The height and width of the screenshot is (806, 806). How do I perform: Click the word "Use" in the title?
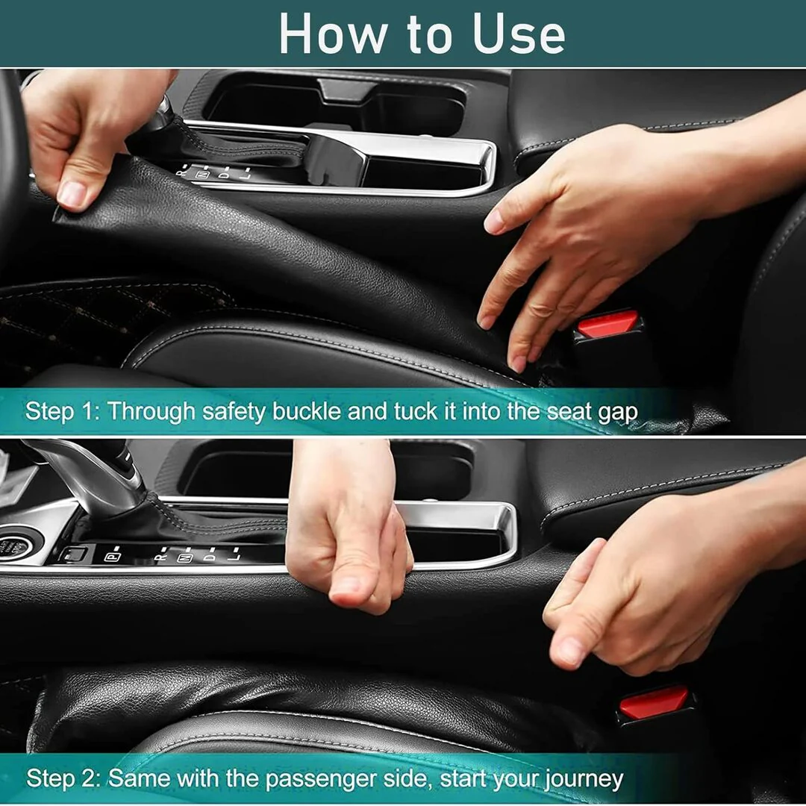[519, 34]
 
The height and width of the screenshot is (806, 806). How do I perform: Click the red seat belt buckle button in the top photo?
[607, 324]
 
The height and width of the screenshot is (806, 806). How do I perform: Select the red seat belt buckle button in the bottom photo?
[653, 702]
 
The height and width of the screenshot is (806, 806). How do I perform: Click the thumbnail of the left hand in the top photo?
[72, 194]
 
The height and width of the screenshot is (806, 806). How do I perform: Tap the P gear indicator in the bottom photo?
[113, 557]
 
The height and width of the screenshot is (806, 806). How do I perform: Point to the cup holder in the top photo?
[334, 103]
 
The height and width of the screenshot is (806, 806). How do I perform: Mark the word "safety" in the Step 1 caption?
[234, 412]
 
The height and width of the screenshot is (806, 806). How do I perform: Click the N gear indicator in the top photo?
[204, 174]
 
